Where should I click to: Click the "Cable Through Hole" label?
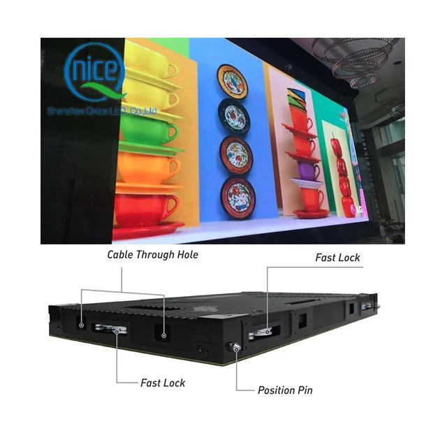[152, 255]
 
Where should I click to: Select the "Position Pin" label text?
[285, 390]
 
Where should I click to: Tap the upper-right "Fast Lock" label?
[337, 258]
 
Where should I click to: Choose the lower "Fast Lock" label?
[163, 383]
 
